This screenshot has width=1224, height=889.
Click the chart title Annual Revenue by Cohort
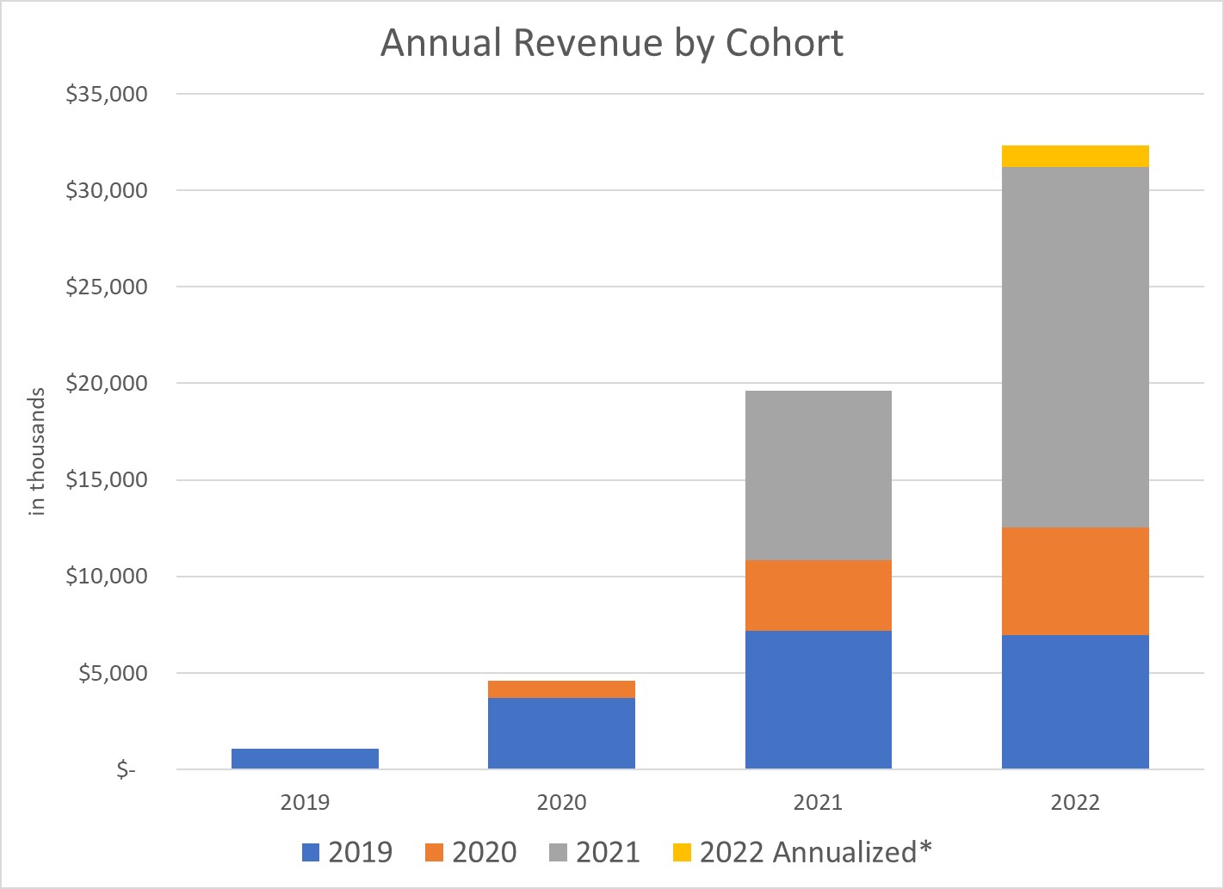611,43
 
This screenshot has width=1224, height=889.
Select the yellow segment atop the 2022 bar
1075,156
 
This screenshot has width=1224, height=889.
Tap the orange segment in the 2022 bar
1075,581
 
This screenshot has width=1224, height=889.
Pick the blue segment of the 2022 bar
1075,701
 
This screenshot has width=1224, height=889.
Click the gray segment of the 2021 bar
818,475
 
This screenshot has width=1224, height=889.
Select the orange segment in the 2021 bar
818,596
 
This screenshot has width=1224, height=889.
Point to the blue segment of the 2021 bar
818,700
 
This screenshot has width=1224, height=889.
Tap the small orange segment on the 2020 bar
561,689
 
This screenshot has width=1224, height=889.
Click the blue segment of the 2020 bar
561,733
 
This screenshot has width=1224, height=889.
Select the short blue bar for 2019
305,758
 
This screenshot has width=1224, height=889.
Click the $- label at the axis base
127,769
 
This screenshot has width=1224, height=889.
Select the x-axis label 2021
818,803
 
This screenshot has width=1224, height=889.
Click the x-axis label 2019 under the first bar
305,803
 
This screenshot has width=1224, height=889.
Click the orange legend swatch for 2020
434,853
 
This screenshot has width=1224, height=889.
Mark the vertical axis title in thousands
37,452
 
